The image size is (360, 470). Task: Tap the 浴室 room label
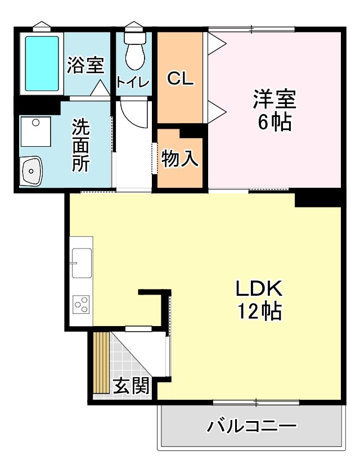[x=85, y=65]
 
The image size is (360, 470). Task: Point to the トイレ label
[x=133, y=83]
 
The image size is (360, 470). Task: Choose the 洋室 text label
[x=274, y=100]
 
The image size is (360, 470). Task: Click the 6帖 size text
[x=274, y=121]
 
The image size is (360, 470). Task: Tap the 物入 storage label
[x=179, y=159]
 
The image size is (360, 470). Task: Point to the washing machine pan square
[x=35, y=132]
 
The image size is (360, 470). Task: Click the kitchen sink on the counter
[x=82, y=263]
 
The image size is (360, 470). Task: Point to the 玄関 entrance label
[x=132, y=386]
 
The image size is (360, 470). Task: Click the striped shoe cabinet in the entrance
[x=101, y=363]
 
